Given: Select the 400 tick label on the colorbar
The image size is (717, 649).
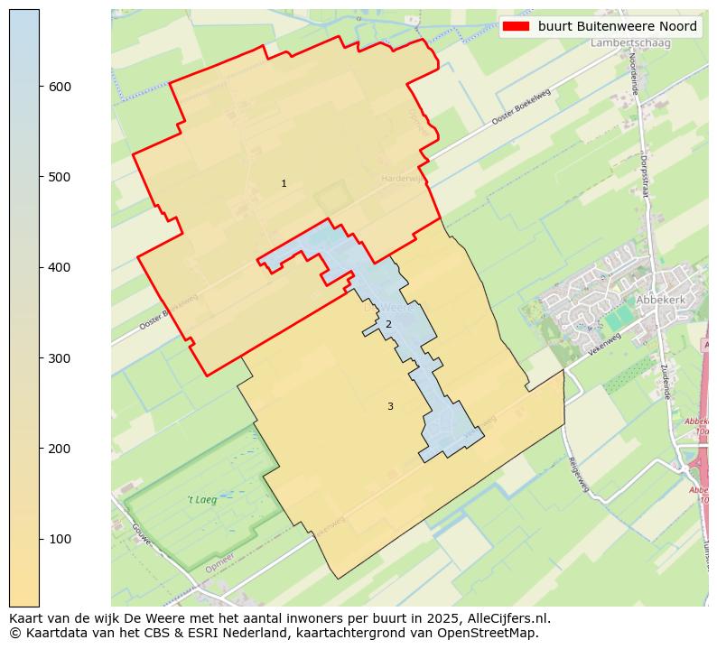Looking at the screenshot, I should coord(61,267).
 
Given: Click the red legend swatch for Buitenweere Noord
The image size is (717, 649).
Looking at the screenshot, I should coord(517,27).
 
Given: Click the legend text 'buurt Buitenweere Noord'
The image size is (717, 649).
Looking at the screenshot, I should coord(617,27).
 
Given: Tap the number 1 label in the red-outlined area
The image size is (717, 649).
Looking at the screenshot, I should coord(284,184).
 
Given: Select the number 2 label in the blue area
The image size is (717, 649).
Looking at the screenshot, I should coord(388,325).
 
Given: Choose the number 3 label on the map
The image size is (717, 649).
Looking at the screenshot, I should coord(390,407).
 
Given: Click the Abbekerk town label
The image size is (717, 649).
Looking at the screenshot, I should coord(661,300).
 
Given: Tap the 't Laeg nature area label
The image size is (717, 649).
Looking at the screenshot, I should coord(201,499).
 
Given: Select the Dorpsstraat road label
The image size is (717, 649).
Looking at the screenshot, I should coord(644,174).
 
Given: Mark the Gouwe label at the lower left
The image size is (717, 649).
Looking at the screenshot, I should coord(141,534).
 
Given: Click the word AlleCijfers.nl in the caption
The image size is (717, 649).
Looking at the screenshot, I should coord(504,619).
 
